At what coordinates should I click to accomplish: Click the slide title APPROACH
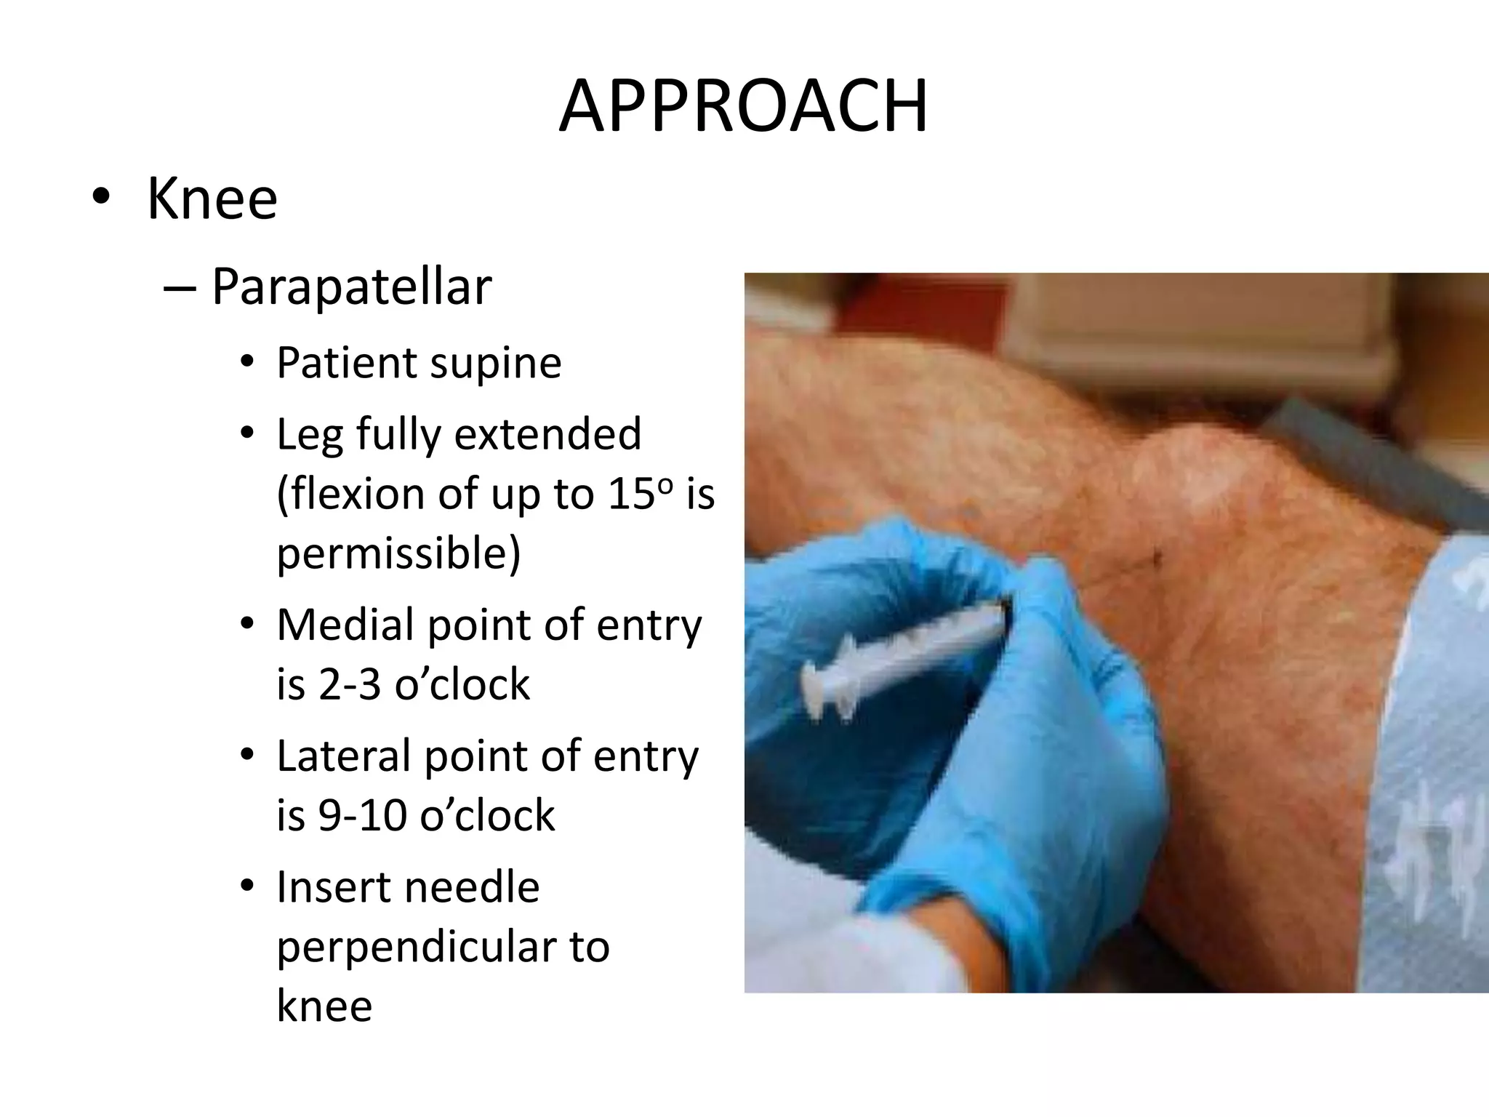click(743, 108)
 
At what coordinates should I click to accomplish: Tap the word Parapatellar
click(351, 287)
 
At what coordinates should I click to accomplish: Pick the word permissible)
click(398, 553)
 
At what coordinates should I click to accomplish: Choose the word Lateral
click(345, 756)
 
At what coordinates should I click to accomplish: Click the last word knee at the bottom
click(324, 1006)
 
